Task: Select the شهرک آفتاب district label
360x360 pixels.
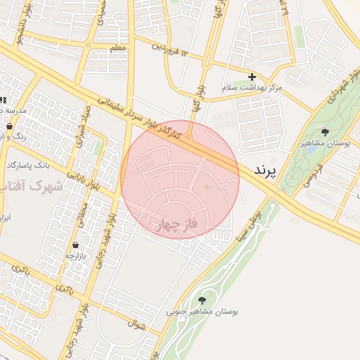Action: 32,186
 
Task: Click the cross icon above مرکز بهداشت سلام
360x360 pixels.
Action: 252,77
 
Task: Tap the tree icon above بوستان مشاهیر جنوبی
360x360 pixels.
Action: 210,301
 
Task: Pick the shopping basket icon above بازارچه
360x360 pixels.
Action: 75,245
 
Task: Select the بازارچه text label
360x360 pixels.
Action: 75,257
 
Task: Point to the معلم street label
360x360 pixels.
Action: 118,48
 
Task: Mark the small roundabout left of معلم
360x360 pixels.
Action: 89,46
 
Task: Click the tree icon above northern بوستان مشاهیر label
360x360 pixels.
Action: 324,131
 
